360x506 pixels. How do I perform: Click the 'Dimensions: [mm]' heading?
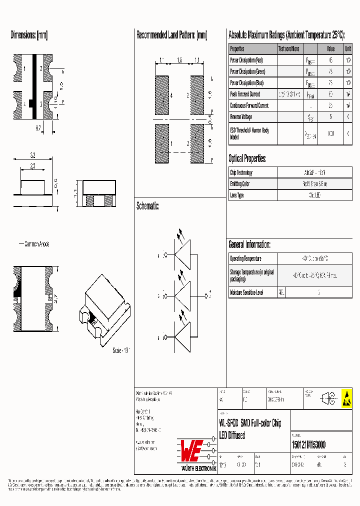(x=29, y=35)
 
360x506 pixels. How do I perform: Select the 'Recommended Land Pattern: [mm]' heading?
(x=171, y=35)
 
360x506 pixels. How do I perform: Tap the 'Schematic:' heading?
(x=147, y=206)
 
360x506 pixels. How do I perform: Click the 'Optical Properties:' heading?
(x=247, y=159)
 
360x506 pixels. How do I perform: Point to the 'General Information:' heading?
(x=249, y=244)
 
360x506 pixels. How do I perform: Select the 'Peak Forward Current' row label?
(x=245, y=94)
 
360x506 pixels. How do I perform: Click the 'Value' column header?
(x=330, y=49)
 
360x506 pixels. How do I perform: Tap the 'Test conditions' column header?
(x=289, y=49)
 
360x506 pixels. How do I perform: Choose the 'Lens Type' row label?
(x=237, y=195)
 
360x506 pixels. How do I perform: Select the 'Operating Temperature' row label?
(x=245, y=259)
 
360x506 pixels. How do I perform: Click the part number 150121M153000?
(x=308, y=445)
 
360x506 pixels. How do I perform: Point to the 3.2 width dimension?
(x=32, y=156)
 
